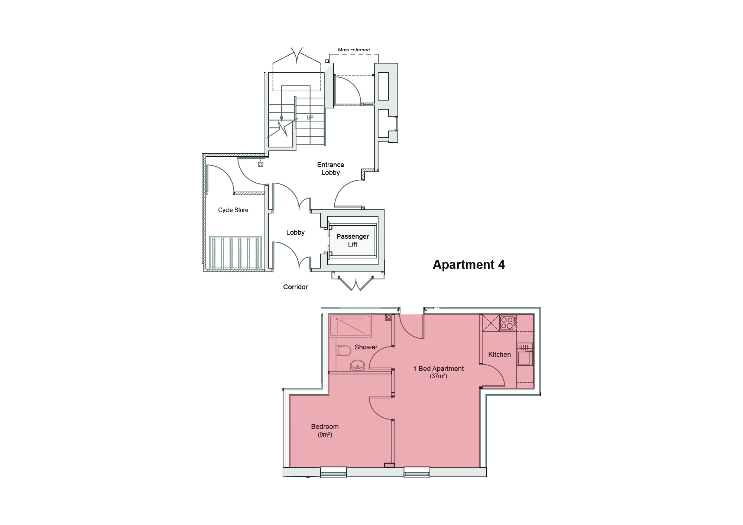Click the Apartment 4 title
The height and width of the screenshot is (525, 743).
point(468,264)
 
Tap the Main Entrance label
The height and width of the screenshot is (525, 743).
point(354,50)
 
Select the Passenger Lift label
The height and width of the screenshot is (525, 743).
point(352,240)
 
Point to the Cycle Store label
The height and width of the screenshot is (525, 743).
point(233,210)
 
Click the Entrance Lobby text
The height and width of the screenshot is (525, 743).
point(330,169)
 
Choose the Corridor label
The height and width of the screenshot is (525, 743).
point(295,287)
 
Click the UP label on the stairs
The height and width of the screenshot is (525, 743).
point(310,118)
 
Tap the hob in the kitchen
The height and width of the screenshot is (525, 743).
point(507,322)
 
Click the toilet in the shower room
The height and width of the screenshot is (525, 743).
point(344,350)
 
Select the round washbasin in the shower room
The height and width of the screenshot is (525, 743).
point(358,365)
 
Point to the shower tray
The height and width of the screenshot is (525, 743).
point(350,326)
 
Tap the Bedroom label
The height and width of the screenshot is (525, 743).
point(325,427)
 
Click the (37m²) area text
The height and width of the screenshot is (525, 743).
point(438,376)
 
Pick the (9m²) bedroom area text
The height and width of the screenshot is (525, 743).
point(325,434)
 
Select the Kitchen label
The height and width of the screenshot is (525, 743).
point(499,355)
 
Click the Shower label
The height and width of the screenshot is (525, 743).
point(366,347)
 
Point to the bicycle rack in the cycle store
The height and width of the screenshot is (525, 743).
point(236,253)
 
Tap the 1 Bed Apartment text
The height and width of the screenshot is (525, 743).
point(438,369)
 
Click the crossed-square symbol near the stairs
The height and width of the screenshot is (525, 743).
point(260,164)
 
